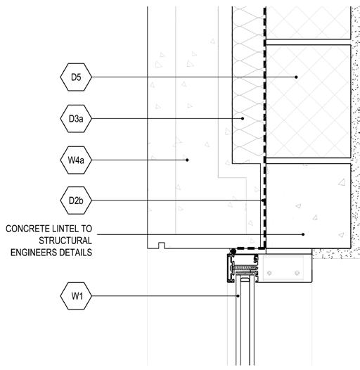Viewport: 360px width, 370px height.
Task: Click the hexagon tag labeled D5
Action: (76, 77)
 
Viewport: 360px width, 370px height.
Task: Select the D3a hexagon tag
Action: (76, 118)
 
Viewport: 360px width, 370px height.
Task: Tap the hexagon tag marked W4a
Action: (76, 160)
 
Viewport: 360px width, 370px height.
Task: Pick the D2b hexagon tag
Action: (76, 200)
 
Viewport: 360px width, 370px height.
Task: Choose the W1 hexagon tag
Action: (76, 296)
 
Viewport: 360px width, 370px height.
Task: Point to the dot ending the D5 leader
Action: (296, 77)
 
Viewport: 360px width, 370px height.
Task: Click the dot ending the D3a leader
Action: (243, 118)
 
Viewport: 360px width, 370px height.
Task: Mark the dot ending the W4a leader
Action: (187, 160)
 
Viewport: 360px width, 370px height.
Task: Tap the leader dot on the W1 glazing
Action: (238, 295)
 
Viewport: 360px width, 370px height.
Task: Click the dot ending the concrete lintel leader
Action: (303, 234)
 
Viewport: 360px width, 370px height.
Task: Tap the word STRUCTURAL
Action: (65, 241)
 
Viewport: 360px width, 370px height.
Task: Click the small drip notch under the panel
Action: (161, 245)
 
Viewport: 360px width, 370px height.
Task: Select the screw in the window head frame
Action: (243, 268)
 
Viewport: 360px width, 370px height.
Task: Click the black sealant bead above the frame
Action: (233, 251)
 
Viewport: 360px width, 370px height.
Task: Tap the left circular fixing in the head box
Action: (270, 273)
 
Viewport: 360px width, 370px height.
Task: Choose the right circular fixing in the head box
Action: (297, 273)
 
